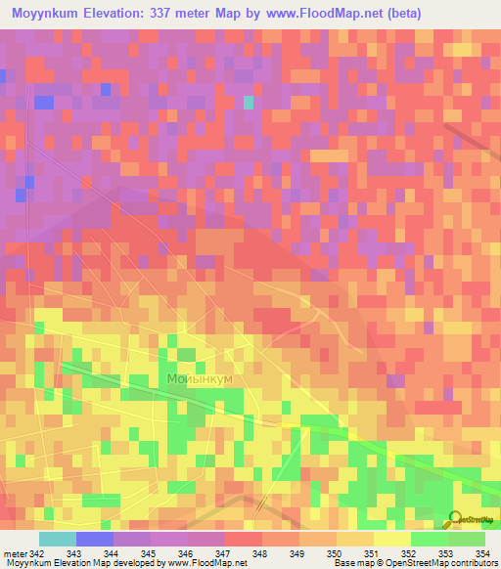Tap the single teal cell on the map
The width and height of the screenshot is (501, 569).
pyautogui.click(x=249, y=101)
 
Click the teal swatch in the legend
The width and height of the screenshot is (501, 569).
pyautogui.click(x=58, y=539)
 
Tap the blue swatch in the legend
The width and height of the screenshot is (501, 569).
pyautogui.click(x=95, y=539)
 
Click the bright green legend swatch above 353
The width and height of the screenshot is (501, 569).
pyautogui.click(x=430, y=539)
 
